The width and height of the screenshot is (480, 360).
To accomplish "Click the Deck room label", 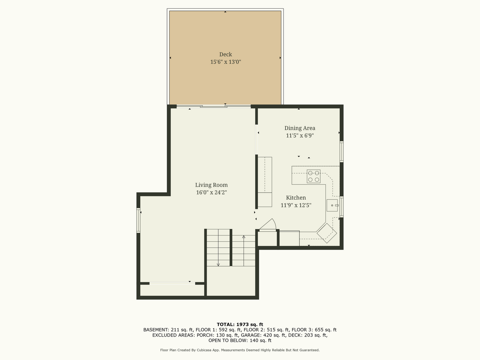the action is click(x=226, y=54).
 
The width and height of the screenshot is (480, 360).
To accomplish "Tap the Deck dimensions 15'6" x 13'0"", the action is click(x=226, y=62).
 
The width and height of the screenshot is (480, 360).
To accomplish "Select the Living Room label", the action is click(x=211, y=185).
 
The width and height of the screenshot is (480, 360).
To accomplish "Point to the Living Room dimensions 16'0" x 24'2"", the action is click(x=211, y=192).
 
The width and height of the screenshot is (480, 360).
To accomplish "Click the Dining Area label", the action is click(x=300, y=128).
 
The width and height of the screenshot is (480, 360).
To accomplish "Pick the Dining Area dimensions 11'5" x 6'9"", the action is click(x=300, y=135).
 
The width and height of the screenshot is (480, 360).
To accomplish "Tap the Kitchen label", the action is click(x=296, y=197).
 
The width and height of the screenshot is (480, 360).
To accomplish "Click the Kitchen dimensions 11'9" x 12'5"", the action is click(x=296, y=205).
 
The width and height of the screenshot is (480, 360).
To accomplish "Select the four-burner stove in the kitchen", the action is click(x=313, y=176).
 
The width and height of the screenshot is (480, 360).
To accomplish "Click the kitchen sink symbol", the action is click(x=332, y=205).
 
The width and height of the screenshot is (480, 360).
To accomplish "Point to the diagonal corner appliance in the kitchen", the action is click(x=327, y=233).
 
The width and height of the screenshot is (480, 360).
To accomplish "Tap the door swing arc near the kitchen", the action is click(x=275, y=223).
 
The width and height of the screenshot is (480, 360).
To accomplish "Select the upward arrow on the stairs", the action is click(x=244, y=251).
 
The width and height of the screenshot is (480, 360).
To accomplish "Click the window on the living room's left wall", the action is click(x=138, y=220).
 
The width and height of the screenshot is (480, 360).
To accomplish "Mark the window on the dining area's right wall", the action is click(x=341, y=152).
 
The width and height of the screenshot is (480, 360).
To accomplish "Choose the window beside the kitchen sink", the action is click(x=341, y=207).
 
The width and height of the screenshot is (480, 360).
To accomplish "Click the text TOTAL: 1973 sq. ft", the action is click(x=240, y=324).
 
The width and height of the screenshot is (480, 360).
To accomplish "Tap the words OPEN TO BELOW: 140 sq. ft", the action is click(x=240, y=340).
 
